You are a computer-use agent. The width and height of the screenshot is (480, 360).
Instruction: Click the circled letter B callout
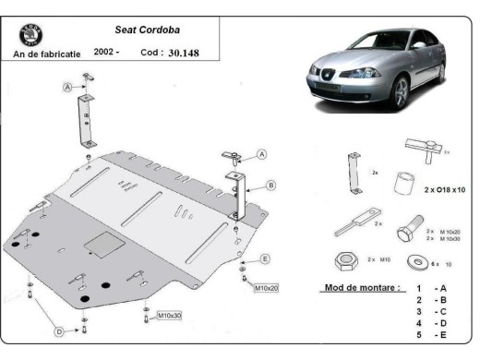270,185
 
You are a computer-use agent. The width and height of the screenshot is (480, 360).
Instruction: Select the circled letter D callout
59,330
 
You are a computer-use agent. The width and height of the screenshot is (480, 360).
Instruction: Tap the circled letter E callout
265,258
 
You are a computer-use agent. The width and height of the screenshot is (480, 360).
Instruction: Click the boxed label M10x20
267,288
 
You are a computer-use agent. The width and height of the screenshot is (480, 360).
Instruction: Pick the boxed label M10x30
169,316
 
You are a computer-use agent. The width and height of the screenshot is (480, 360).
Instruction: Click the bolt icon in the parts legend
409,231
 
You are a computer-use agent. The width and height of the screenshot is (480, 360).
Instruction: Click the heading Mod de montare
362,287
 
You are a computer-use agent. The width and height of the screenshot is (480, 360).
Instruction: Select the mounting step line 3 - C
430,313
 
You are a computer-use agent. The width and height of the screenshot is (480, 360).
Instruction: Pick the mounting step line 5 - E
430,337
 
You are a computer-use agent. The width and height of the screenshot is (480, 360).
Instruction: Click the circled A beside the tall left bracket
67,88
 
